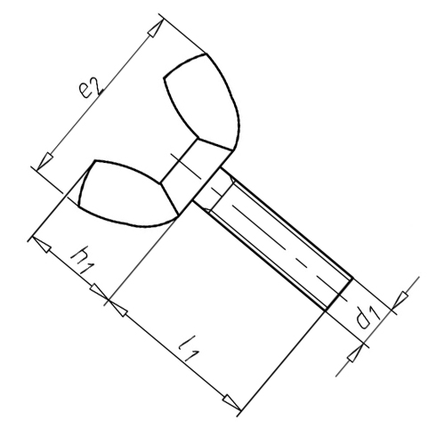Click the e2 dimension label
coord(92,87)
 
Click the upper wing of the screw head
coord(207,101)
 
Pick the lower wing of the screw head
coord(127,193)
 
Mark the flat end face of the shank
coord(339,295)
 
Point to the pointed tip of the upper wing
coord(206,54)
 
